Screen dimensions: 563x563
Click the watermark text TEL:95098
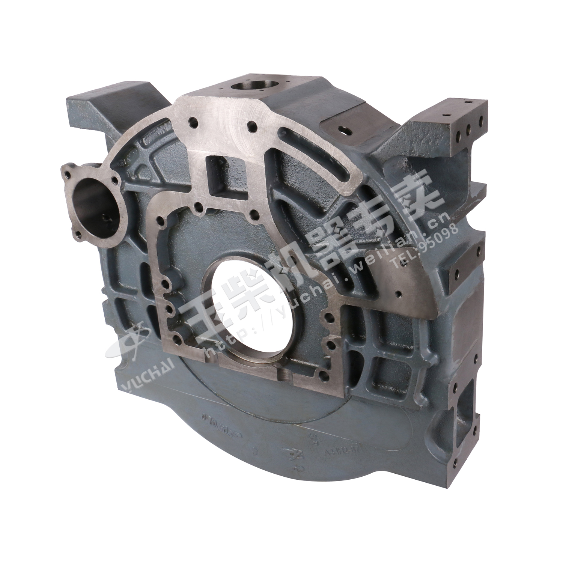tap(426, 246)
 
